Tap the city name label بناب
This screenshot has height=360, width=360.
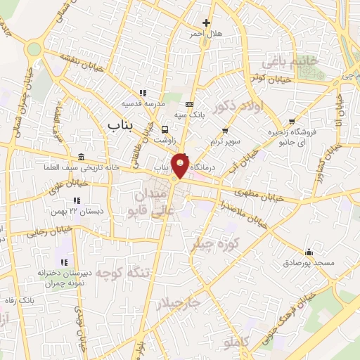[121, 124]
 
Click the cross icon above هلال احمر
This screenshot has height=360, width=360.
[205, 23]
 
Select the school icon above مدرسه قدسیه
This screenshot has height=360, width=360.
[142, 93]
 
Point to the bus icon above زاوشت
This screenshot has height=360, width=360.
[165, 129]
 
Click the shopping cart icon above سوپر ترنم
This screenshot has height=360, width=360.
[224, 130]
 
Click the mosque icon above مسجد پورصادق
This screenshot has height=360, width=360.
[309, 252]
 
